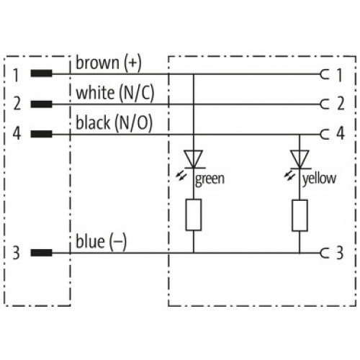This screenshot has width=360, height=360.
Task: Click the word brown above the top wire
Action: (x=97, y=63)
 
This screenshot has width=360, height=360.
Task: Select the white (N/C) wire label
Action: (x=115, y=93)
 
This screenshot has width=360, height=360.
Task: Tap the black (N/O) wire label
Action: (x=114, y=122)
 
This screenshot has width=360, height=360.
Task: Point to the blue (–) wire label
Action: (x=101, y=241)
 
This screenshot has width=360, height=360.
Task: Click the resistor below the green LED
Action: (x=194, y=215)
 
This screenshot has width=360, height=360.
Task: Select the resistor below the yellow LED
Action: (x=300, y=215)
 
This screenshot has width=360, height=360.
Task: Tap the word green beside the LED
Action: (x=210, y=179)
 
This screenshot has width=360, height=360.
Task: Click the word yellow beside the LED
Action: (x=319, y=179)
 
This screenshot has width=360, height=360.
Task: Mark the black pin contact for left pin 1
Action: (x=41, y=73)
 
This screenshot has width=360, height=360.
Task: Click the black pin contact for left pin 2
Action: (x=41, y=104)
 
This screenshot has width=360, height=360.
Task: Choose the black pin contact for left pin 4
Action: (x=41, y=134)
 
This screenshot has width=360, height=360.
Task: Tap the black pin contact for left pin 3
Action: (x=41, y=253)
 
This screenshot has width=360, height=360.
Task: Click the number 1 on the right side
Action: (x=339, y=75)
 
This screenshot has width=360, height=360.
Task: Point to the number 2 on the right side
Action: (x=341, y=104)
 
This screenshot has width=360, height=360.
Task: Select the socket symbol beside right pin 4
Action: (x=325, y=134)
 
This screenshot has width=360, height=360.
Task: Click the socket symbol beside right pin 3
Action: (x=325, y=253)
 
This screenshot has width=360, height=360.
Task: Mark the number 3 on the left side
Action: (x=16, y=253)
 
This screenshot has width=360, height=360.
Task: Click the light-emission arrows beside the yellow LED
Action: (x=289, y=177)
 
